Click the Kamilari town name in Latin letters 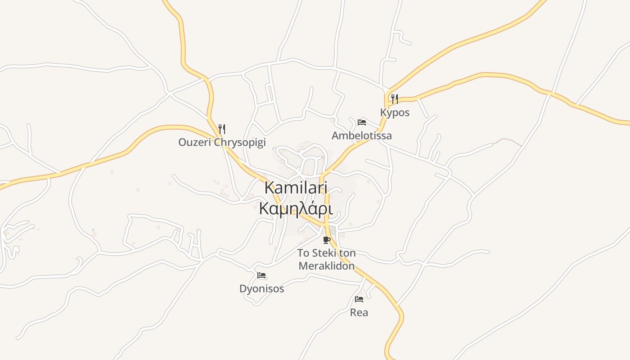tap(296, 188)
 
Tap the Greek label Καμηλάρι tap(296, 209)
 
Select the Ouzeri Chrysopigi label tap(222, 143)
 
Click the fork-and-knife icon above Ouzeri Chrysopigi tap(221, 129)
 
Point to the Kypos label tap(395, 112)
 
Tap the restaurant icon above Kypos tap(395, 99)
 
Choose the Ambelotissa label tap(361, 135)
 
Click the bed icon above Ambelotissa tap(361, 122)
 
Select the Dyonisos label tap(261, 288)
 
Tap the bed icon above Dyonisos tap(261, 275)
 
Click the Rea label tap(359, 312)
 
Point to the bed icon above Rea tap(359, 299)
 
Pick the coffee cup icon tap(326, 240)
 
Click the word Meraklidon tap(326, 266)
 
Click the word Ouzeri tap(194, 143)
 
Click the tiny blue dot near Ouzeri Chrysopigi tap(273, 148)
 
